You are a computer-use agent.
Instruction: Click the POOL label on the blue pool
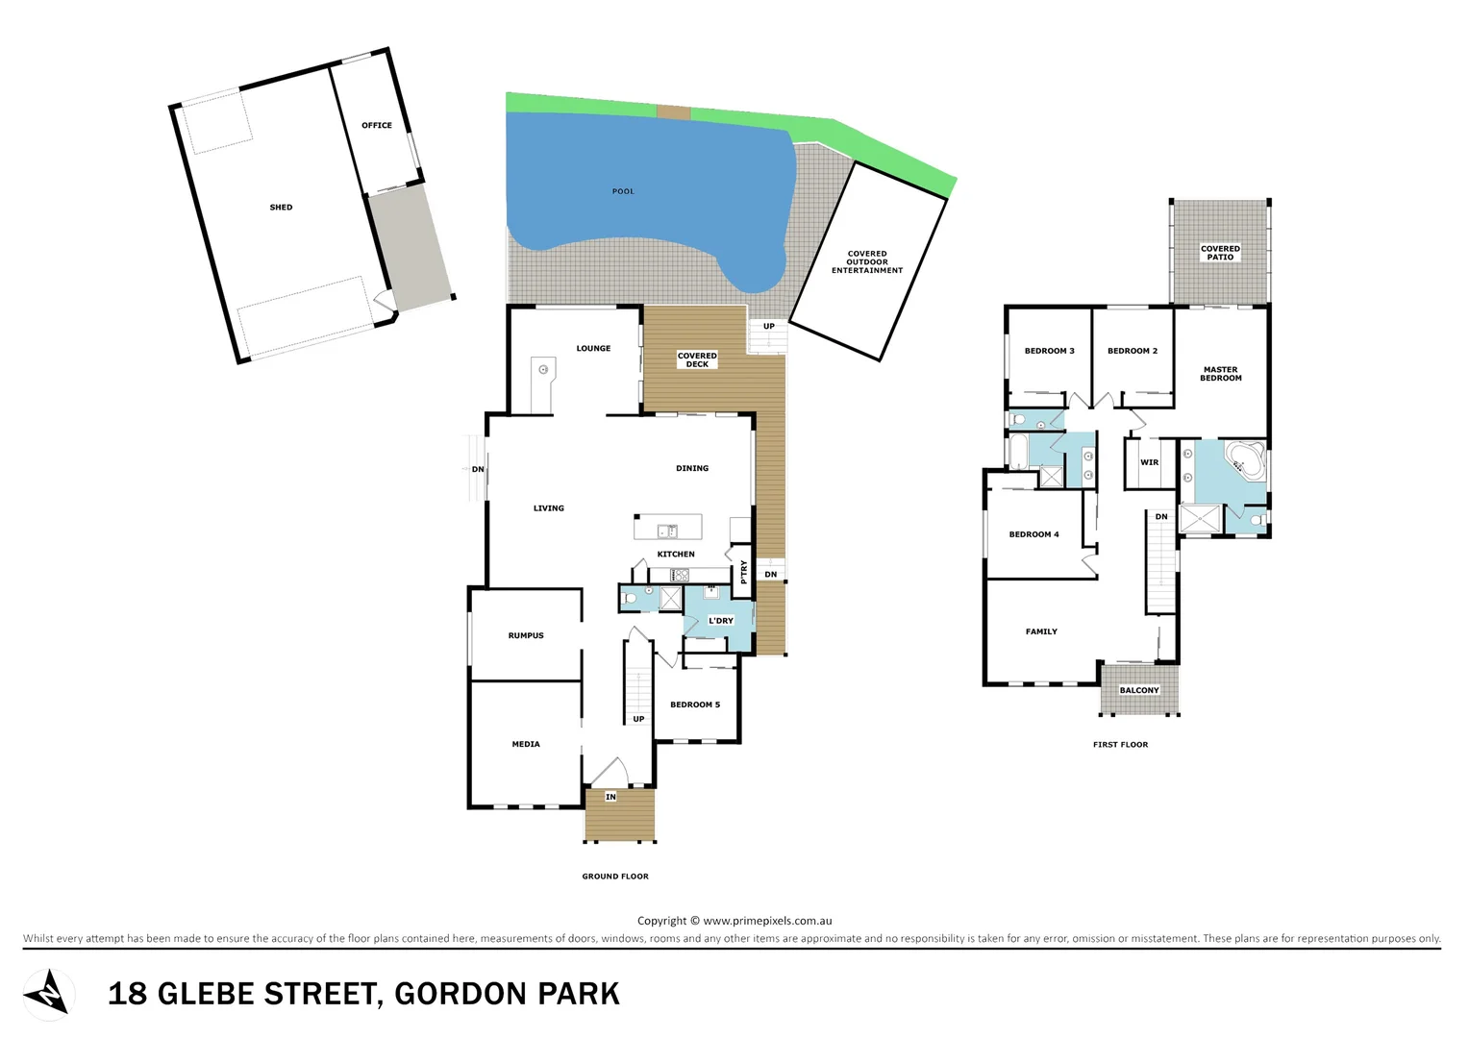(x=623, y=191)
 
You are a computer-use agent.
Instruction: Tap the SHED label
(x=281, y=208)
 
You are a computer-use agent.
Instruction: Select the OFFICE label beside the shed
(x=377, y=126)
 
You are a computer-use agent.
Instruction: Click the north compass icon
(x=48, y=993)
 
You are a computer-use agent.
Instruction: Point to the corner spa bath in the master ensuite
(x=1246, y=461)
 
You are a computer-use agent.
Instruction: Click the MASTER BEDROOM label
(x=1220, y=374)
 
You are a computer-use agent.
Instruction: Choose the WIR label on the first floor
(x=1149, y=462)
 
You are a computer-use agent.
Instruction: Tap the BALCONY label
(x=1139, y=690)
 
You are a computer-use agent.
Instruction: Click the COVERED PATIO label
(x=1220, y=253)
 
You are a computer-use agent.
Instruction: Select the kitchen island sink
(x=667, y=531)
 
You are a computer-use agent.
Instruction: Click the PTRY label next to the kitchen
(x=744, y=572)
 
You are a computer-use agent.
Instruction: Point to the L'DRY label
(x=721, y=621)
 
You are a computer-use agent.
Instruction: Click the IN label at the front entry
(x=610, y=797)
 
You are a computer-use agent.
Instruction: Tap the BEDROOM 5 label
(x=695, y=704)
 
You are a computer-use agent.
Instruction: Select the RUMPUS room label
(x=526, y=635)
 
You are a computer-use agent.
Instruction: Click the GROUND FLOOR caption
(x=615, y=877)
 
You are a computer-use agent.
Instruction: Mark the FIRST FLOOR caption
(x=1120, y=745)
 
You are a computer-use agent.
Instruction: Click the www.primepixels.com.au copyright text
(x=767, y=921)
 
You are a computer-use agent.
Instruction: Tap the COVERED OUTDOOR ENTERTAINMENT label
(x=867, y=262)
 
